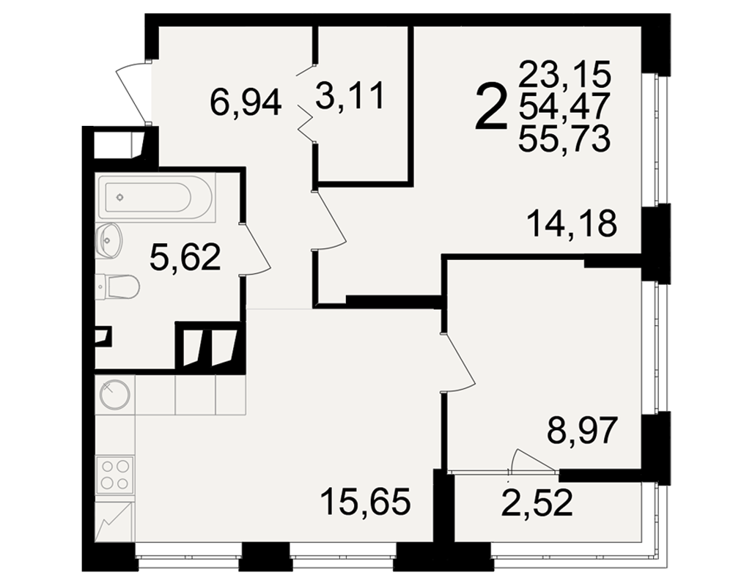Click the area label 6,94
tap(246, 103)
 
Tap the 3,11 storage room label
tap(350, 95)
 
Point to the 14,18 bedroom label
tap(572, 223)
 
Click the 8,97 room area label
tap(583, 431)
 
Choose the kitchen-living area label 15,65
tap(366, 502)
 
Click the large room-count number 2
tap(491, 106)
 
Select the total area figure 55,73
tap(564, 138)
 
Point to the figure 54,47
tap(564, 106)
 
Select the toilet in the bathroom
tap(118, 286)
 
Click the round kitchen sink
tap(114, 394)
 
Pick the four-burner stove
tap(115, 475)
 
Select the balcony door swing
tap(533, 460)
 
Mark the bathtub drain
tap(119, 197)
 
